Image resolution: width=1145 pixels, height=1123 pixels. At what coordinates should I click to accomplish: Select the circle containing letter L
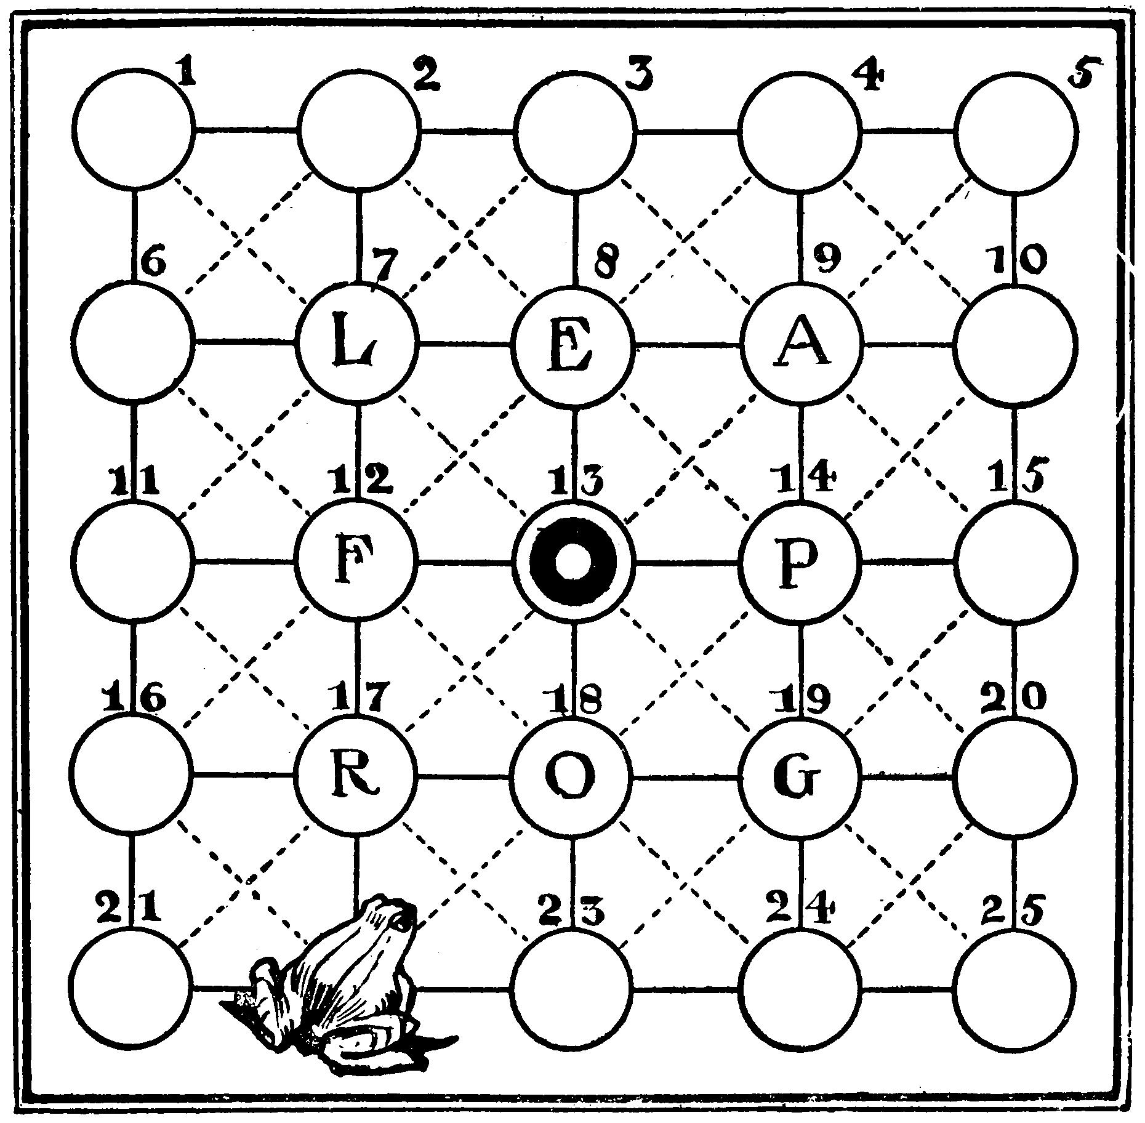359,344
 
